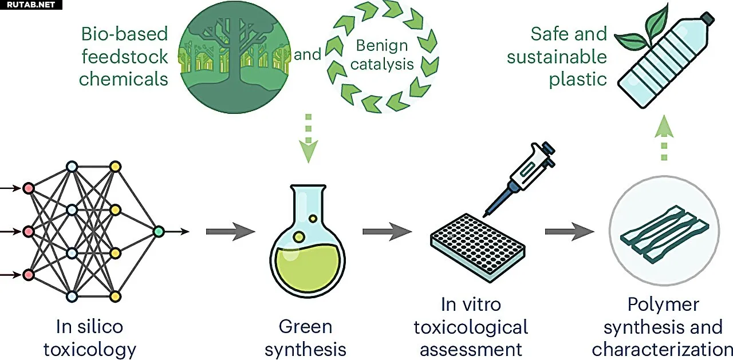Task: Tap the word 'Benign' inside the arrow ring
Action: click(382, 45)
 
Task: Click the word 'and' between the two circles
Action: click(308, 55)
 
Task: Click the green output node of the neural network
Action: click(159, 231)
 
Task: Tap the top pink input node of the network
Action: click(28, 187)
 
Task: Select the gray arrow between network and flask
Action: click(230, 231)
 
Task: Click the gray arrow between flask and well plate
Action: click(387, 231)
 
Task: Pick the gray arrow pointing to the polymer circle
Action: click(569, 231)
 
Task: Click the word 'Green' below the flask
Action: click(305, 327)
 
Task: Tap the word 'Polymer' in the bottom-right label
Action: click(663, 304)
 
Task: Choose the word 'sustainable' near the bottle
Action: click(548, 57)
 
